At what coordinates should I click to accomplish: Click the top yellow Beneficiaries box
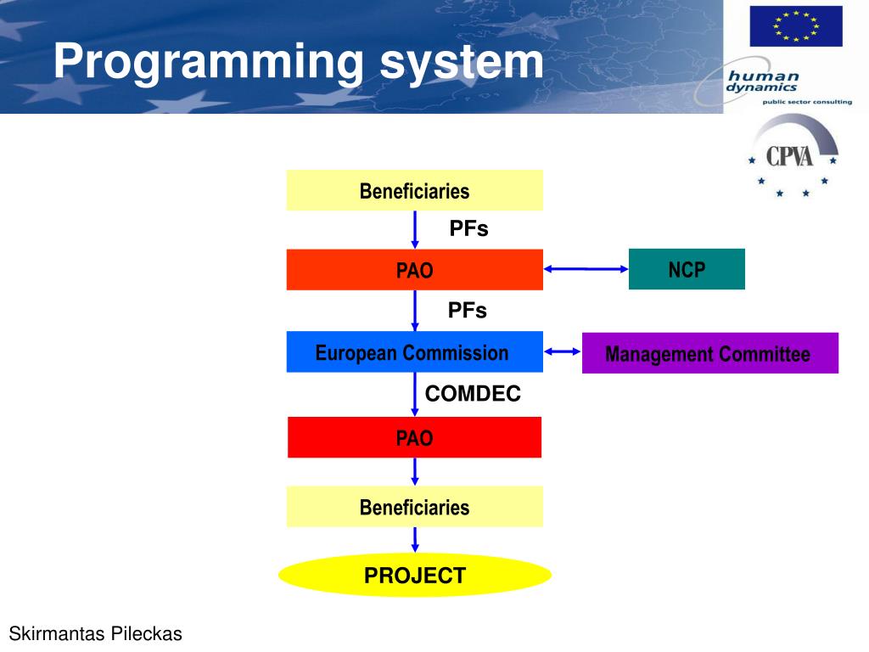(x=414, y=190)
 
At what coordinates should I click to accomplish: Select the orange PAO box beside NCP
(x=414, y=270)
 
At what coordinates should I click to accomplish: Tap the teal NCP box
(x=687, y=269)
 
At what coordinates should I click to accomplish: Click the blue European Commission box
(x=414, y=352)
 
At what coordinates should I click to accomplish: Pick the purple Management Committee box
(x=709, y=353)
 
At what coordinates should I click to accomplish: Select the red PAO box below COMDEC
(x=414, y=437)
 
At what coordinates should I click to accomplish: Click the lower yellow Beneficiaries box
(x=414, y=507)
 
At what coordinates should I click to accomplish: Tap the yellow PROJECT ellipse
(x=414, y=576)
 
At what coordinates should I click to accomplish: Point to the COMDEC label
(x=473, y=394)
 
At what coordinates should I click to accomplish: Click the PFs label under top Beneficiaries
(x=468, y=228)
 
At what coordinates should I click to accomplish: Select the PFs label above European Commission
(x=468, y=311)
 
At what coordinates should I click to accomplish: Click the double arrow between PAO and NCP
(x=586, y=270)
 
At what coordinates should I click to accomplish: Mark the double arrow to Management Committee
(x=563, y=352)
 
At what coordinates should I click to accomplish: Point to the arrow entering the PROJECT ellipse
(x=415, y=540)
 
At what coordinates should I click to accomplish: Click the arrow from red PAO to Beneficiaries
(x=415, y=472)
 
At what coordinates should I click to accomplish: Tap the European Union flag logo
(x=795, y=26)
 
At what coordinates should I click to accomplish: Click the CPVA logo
(x=791, y=158)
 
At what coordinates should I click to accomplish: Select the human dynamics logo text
(x=762, y=81)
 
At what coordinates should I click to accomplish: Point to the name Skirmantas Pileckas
(x=95, y=633)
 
